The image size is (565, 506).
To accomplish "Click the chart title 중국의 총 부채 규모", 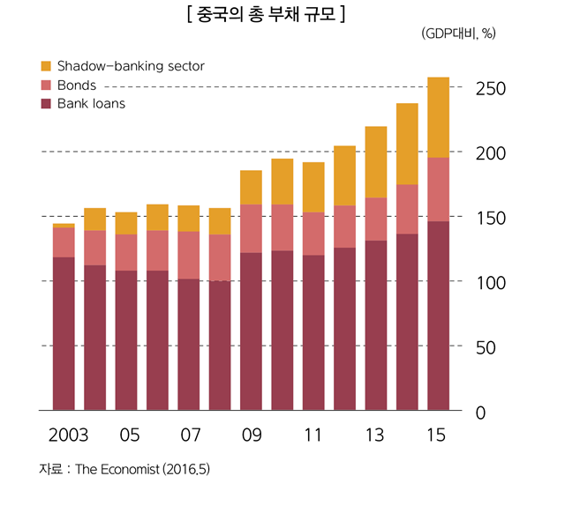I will [266, 14].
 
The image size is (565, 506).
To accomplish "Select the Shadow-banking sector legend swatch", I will [47, 66].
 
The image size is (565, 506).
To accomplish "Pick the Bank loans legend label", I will [91, 104].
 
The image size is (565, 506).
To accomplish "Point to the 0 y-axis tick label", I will [481, 412].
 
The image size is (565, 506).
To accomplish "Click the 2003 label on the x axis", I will [67, 435].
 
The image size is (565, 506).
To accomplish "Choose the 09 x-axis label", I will [251, 435].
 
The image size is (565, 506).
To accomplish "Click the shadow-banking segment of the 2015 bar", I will [438, 117].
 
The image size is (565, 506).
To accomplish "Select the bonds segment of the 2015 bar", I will [438, 190].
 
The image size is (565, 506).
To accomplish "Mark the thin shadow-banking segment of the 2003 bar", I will [64, 226].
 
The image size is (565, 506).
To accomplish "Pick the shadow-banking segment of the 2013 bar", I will [376, 162].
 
